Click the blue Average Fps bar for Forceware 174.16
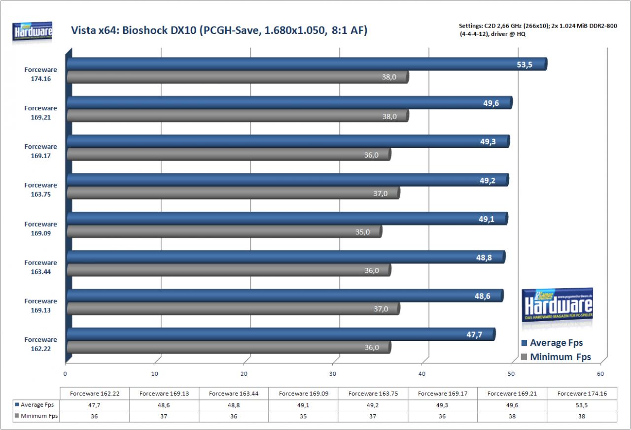307,64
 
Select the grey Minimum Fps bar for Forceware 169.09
224,232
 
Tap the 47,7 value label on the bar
474,334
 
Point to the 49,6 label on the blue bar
491,103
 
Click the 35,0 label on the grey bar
362,232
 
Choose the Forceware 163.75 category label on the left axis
40,190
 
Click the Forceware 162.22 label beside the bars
40,344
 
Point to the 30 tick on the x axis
333,374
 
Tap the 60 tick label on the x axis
600,374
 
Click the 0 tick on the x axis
65,374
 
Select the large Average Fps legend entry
552,343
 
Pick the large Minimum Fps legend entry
556,357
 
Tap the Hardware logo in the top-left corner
32,32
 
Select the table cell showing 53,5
582,405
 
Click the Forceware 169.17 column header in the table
443,394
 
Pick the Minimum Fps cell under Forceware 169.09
303,416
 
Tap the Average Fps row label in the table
36,405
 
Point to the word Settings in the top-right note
471,26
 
